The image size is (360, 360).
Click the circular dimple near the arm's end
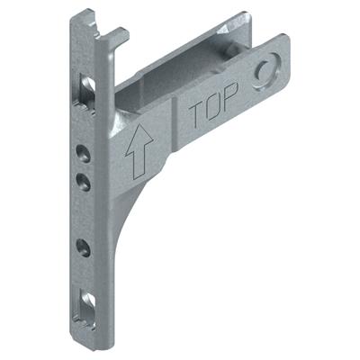click(x=267, y=72)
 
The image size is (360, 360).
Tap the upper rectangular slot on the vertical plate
click(x=88, y=87)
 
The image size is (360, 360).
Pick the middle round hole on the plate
click(x=83, y=181)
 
